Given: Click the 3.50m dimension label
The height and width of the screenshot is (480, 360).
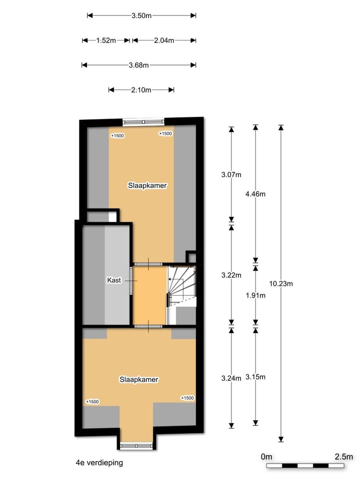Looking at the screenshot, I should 141,15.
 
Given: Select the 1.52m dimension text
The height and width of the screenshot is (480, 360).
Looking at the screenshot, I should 106,40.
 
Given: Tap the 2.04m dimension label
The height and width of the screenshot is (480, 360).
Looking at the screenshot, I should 164,40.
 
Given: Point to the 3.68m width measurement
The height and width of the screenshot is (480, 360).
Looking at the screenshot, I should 138,65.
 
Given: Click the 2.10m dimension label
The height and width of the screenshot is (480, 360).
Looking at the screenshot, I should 141,90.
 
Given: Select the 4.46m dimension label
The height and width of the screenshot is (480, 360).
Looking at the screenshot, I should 255,193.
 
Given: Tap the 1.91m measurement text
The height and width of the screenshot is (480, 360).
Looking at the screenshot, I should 255,295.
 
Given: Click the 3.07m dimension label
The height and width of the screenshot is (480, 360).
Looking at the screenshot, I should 231,174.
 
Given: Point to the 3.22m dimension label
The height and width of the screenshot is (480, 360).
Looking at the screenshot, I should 231,275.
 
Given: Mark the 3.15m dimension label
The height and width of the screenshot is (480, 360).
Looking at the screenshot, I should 255,377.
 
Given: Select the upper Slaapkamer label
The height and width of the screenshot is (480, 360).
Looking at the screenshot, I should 147,185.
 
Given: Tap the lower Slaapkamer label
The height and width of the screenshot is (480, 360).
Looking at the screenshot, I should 139,379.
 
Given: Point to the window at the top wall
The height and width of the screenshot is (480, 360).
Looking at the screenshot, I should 143,120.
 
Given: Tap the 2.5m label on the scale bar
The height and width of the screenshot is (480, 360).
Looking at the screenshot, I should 343,456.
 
